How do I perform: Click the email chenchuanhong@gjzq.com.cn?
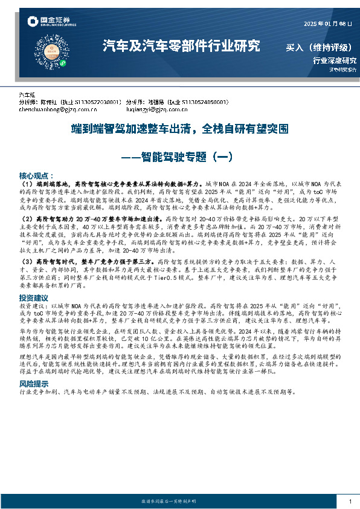(x=58, y=110)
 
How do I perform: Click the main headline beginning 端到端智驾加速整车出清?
(x=179, y=129)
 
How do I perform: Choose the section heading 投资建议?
(x=34, y=298)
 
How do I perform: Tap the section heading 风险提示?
(x=34, y=384)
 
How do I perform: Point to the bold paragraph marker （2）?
(x=27, y=217)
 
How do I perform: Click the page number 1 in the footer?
(x=350, y=502)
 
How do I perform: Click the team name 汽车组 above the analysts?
(x=28, y=96)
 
